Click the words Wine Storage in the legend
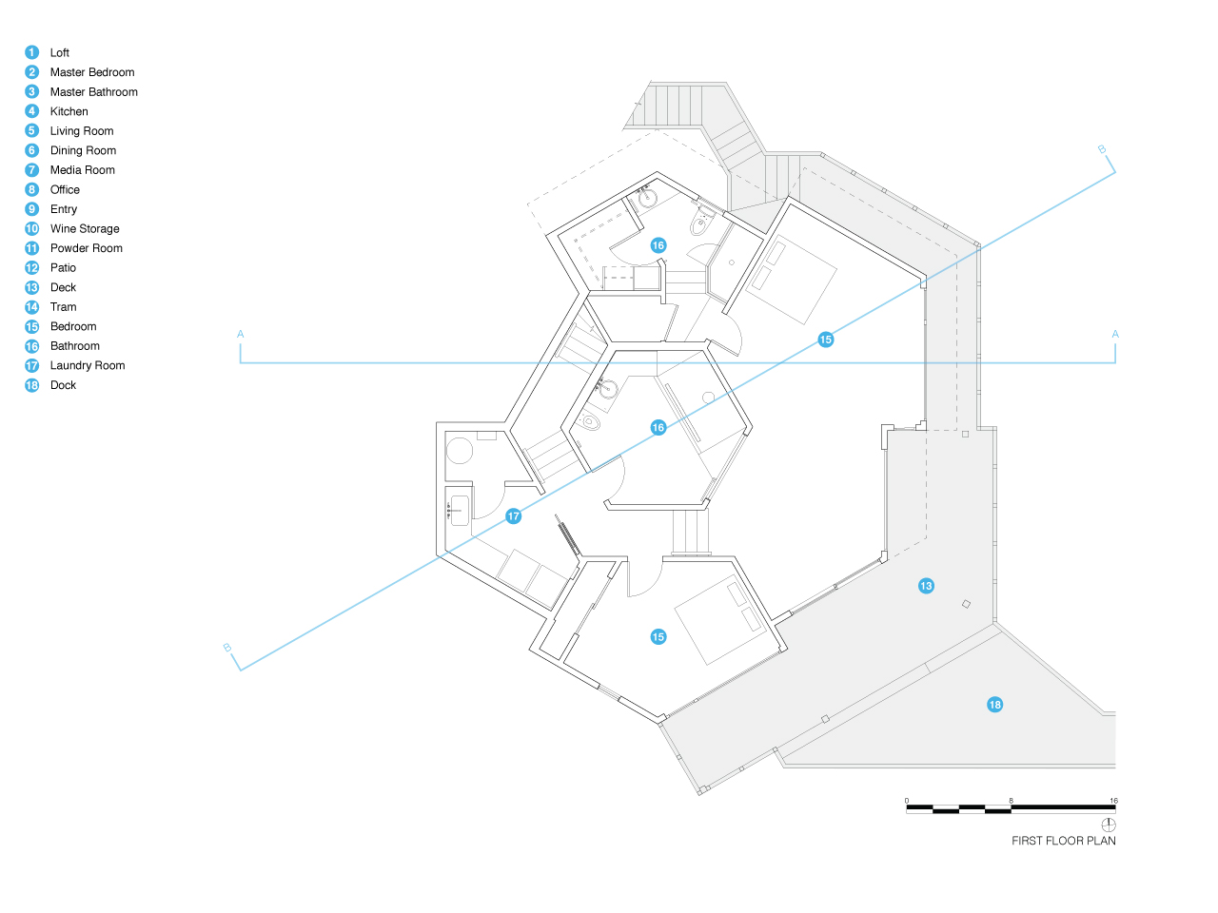(85, 228)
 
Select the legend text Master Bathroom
(94, 91)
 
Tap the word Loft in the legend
(59, 52)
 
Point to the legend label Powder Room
(86, 248)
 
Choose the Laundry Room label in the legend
(88, 365)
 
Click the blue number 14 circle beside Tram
(32, 307)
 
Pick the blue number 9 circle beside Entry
(32, 209)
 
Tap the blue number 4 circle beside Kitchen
(32, 111)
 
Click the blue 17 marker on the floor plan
(513, 516)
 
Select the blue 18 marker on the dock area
(995, 705)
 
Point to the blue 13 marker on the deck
(926, 586)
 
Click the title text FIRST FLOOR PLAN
(1063, 841)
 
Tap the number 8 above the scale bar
(1011, 801)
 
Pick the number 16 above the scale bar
(1113, 801)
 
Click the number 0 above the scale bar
(907, 801)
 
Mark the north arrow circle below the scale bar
(1109, 825)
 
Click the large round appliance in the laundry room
(460, 450)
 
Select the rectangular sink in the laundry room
(460, 510)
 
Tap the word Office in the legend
(65, 189)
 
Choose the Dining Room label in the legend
(83, 150)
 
